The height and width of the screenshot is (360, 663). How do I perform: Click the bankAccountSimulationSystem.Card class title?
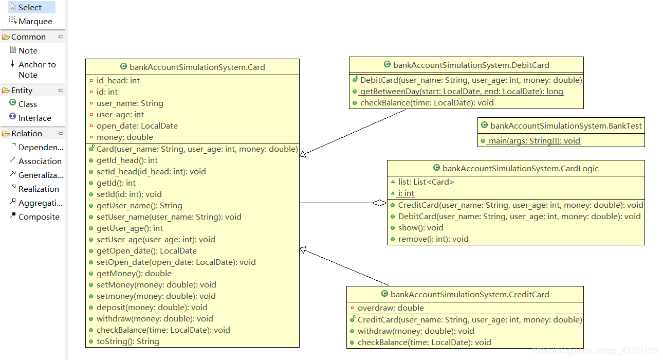click(x=197, y=67)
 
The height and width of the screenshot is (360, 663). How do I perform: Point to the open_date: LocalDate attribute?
click(x=137, y=126)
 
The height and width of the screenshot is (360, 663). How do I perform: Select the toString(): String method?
click(x=127, y=341)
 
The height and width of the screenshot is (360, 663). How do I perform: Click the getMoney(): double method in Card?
click(x=134, y=273)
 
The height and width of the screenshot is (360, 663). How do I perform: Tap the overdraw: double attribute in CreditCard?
click(x=391, y=308)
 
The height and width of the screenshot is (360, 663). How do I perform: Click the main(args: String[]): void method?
click(x=534, y=140)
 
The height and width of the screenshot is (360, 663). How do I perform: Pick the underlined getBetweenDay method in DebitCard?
click(x=462, y=92)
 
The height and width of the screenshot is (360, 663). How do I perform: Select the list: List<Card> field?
click(x=426, y=182)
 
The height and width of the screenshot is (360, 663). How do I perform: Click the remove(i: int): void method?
click(x=433, y=239)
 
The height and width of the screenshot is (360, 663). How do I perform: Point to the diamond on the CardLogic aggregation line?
click(x=380, y=203)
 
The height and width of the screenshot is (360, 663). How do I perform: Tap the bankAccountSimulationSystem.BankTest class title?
click(x=566, y=126)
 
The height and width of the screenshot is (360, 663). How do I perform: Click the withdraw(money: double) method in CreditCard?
click(x=416, y=331)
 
